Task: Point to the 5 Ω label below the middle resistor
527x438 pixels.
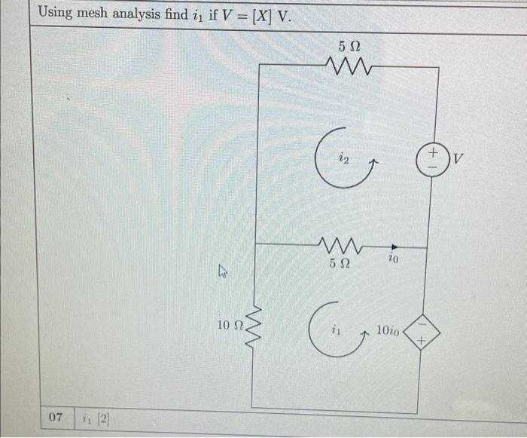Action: click(x=340, y=264)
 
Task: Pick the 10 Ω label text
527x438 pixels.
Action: click(x=229, y=325)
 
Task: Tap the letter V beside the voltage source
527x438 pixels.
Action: click(x=459, y=161)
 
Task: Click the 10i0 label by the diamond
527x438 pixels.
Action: click(x=388, y=329)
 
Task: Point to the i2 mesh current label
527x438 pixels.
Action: click(x=343, y=158)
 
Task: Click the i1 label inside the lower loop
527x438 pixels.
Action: click(x=336, y=329)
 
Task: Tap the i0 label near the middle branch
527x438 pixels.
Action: click(x=393, y=259)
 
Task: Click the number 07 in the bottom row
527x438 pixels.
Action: click(x=55, y=416)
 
